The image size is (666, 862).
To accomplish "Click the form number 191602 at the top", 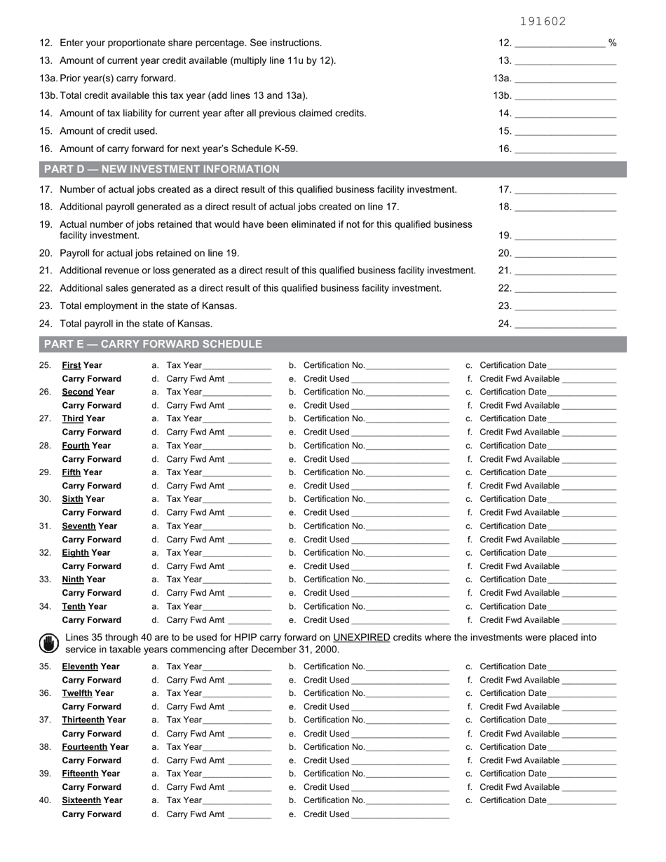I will point(543,22).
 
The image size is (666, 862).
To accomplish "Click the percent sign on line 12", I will point(613,43).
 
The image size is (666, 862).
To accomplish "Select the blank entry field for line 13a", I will point(565,78).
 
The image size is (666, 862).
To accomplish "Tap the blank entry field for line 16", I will point(565,149).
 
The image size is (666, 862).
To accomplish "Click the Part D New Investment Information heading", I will point(162,169).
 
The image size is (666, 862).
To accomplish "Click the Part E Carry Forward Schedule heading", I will point(153,344).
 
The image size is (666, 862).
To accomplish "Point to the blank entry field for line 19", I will point(565,235).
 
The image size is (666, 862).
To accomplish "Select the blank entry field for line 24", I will point(565,324).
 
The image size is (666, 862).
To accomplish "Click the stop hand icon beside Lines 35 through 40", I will point(48,643).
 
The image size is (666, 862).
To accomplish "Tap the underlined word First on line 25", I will point(72,365).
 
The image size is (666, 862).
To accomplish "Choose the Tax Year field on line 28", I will point(236,446).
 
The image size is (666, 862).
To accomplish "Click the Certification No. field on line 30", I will point(407,499).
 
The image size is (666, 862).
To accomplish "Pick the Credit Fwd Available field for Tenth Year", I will point(589,620).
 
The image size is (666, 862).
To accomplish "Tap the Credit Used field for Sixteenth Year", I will point(400,814).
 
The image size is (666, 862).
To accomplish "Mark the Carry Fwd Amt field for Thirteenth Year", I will point(250,734).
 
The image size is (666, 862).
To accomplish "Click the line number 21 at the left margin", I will point(46,271).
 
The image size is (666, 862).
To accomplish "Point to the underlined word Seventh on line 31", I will point(79,526).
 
